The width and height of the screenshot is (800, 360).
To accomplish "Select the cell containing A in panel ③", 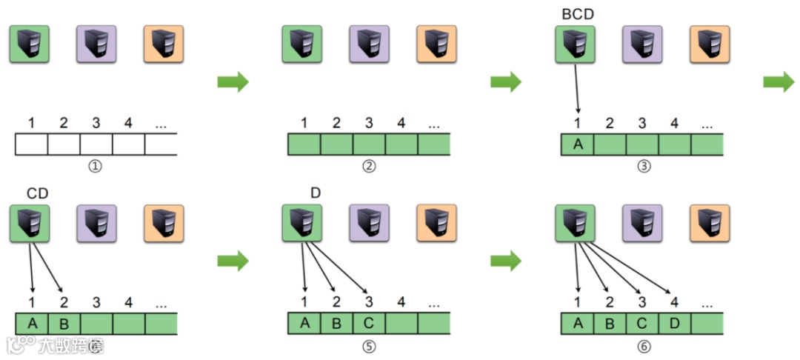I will (578, 144).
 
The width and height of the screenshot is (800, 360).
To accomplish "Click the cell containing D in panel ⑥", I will (675, 324).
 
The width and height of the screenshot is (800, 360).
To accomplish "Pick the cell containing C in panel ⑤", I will (369, 324).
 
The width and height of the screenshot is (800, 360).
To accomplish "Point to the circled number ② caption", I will (368, 165).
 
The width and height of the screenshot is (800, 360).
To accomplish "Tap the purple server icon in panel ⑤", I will (369, 223).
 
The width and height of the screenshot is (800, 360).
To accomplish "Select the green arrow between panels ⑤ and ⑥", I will (506, 260).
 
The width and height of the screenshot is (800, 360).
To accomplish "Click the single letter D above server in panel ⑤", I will (316, 193).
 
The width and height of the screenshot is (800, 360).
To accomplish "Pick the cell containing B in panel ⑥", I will (610, 324).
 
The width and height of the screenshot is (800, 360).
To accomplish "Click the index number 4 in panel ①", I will (128, 122).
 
